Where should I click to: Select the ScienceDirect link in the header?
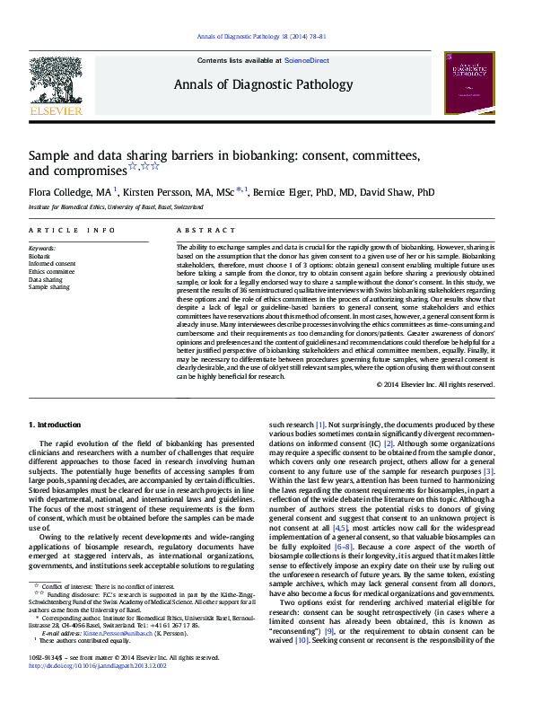[307, 60]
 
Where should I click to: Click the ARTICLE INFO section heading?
[72, 231]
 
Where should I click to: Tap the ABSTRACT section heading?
[199, 231]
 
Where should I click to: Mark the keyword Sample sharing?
[48, 287]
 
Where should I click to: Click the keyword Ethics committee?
[51, 271]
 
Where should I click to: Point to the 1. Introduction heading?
[55, 424]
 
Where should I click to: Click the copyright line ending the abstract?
[435, 384]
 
